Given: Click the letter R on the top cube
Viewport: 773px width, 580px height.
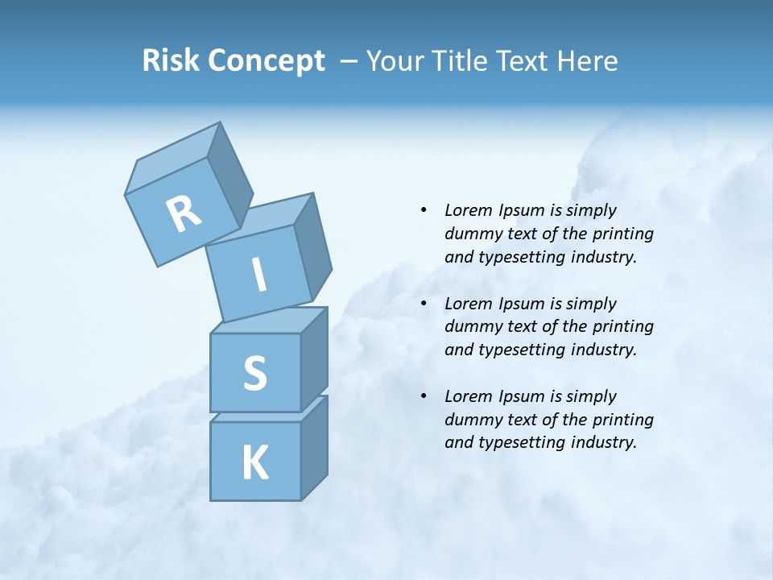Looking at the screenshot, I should pos(184,214).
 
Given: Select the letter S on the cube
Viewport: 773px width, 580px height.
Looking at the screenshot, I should pos(254,372).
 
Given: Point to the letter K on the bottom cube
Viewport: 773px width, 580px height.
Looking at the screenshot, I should pos(254,463).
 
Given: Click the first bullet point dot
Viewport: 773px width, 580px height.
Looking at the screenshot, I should pos(423,210).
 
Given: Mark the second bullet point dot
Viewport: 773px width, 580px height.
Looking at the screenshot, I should pos(423,304).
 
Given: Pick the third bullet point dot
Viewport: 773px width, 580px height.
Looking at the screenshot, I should pos(423,396).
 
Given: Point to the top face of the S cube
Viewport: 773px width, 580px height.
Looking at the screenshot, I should pos(268,321).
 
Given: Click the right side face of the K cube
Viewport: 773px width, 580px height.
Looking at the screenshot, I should pos(314,449).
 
